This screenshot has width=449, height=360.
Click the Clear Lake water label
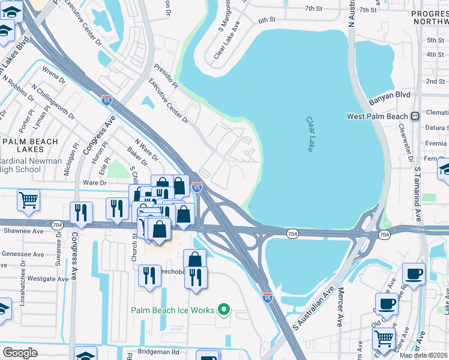pos(310,134)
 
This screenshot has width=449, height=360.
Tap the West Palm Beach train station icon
pos(414,116)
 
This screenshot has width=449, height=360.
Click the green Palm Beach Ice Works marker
pos(224,310)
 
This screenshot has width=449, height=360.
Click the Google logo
pos(20,352)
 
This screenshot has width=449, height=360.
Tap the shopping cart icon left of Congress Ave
pos(28,200)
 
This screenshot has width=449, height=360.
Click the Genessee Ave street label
pos(22,254)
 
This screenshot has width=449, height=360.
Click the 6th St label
pos(267,20)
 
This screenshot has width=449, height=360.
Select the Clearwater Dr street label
pos(408,146)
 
